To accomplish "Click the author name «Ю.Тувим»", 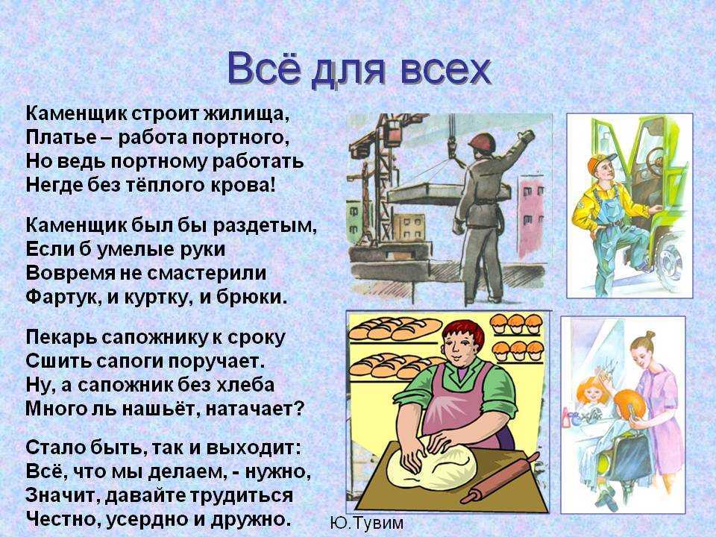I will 365,523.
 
